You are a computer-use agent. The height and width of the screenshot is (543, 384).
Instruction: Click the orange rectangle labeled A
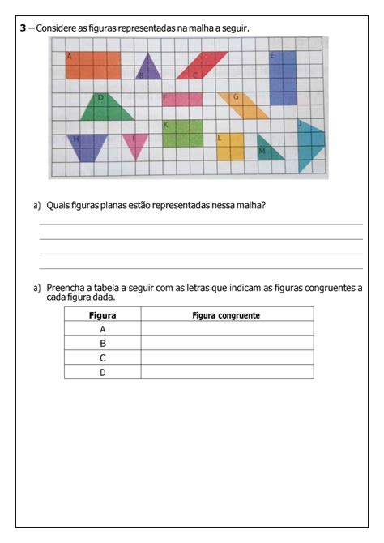(93, 66)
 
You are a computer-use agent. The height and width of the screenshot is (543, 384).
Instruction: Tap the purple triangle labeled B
(148, 69)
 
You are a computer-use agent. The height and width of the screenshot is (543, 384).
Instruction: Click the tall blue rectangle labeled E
(283, 79)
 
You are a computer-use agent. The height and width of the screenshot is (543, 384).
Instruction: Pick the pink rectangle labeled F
(182, 100)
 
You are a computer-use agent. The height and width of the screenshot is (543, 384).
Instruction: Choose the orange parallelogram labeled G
(244, 106)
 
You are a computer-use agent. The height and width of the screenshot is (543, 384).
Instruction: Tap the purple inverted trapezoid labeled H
(87, 146)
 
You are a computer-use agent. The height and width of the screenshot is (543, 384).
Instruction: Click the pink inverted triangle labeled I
(134, 144)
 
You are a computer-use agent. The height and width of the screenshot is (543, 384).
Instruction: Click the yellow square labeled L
(230, 147)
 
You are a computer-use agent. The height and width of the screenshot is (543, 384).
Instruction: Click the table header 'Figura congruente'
(226, 315)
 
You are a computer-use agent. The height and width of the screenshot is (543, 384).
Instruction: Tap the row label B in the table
(103, 344)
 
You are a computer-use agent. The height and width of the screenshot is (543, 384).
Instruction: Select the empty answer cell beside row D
(227, 373)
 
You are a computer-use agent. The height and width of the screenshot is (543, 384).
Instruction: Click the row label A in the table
(103, 329)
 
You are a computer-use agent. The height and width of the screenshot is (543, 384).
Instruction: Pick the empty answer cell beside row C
(227, 358)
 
